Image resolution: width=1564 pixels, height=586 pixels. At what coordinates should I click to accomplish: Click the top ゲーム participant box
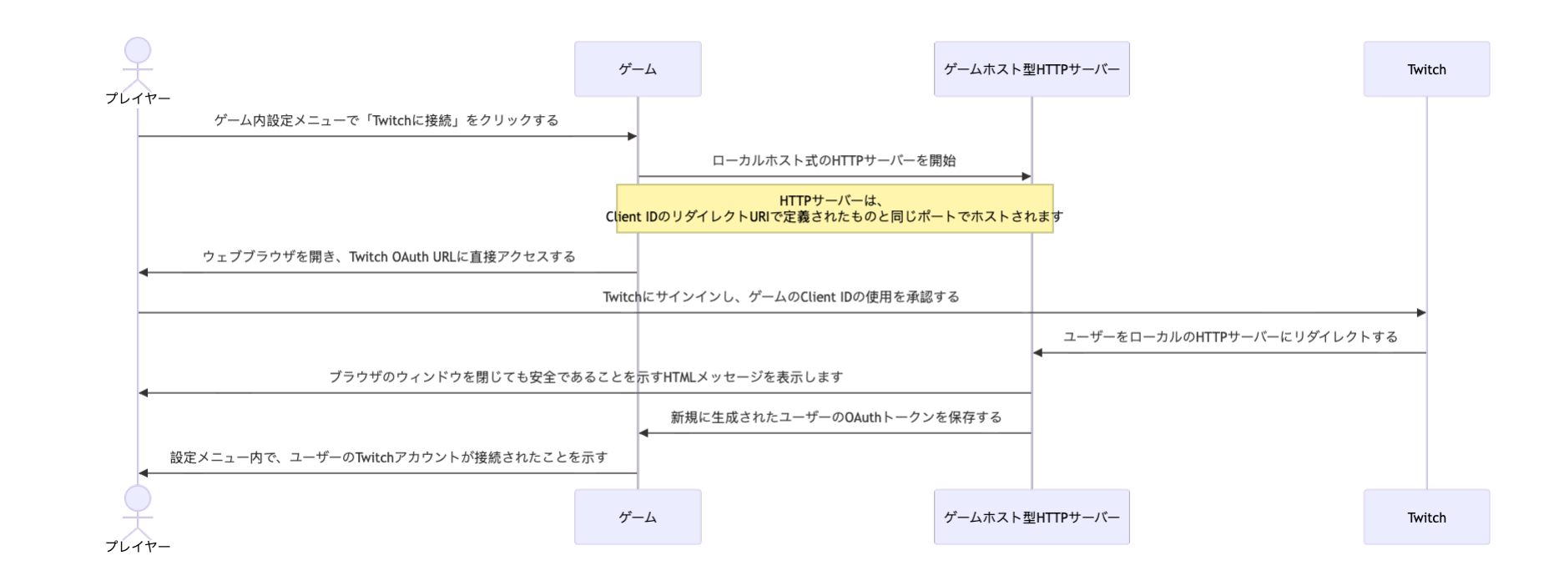point(638,69)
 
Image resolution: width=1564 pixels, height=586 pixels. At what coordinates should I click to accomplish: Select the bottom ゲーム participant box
point(638,517)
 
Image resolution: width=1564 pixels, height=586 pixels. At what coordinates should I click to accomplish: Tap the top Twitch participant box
point(1426,69)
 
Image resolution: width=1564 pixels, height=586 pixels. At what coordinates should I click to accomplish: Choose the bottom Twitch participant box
point(1426,517)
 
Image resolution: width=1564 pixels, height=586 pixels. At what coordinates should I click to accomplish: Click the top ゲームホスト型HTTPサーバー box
point(1032,69)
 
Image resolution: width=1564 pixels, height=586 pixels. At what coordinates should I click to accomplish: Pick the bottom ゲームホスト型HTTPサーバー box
point(1032,517)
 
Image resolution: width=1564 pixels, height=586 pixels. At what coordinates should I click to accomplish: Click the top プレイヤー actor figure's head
point(138,50)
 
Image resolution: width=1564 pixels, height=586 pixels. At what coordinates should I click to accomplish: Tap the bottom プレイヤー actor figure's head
point(138,498)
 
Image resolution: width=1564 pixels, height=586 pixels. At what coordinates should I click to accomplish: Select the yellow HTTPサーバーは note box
point(835,209)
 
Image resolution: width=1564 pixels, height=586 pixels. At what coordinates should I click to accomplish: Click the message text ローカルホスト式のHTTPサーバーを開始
point(834,160)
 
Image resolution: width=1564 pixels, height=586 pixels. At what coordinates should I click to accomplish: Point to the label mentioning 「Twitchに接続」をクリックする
point(386,120)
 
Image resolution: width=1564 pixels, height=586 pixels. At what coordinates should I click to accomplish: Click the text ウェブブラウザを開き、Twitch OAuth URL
point(389,256)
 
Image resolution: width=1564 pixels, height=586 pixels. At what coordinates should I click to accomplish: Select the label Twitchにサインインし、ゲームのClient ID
point(781,296)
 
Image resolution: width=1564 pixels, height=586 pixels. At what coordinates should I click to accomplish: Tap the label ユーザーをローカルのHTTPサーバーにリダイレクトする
point(1230,336)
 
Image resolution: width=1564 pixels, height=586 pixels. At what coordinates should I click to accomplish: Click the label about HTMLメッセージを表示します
point(586,376)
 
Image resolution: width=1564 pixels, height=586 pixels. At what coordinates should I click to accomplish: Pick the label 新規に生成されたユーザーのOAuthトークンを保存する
point(836,417)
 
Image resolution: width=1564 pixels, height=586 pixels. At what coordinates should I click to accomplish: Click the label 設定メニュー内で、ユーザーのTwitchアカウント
point(389,457)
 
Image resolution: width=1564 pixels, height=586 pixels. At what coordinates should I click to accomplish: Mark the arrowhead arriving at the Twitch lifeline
point(1420,313)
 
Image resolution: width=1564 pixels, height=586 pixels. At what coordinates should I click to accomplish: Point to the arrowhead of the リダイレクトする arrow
point(1038,353)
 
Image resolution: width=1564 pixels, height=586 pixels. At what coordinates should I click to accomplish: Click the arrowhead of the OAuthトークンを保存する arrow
point(643,433)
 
